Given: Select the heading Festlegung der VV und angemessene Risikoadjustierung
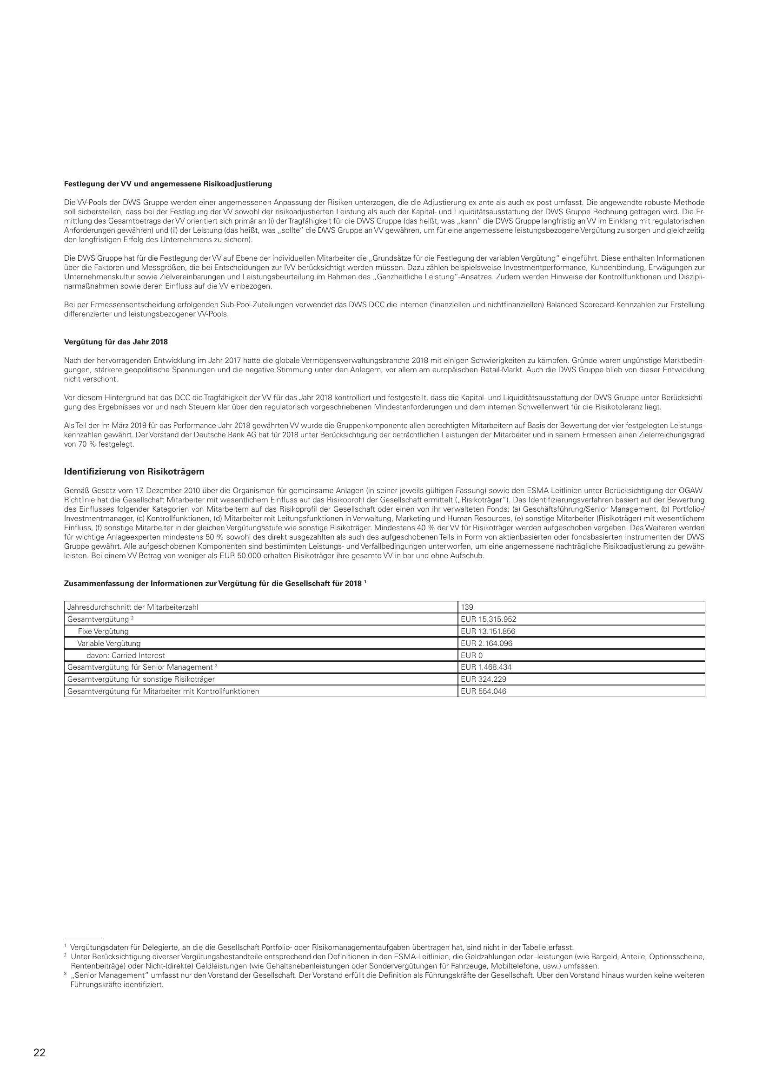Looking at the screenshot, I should pos(168,183).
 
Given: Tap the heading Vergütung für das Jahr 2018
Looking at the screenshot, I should pos(116,342).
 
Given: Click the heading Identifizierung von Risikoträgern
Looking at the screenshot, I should pos(134,472).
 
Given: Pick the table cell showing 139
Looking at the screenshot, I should pos(467,607).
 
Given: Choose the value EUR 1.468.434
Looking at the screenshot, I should pos(486,667).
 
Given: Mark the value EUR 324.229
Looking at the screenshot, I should pos(484,679).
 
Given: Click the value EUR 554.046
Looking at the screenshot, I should pos(484,691).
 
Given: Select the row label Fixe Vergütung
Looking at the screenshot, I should pos(103,631).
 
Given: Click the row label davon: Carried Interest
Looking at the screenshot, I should pos(126,655).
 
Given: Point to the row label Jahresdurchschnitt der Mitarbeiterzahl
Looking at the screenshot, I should pos(133,607).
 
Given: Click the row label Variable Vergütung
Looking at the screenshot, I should pos(109,643).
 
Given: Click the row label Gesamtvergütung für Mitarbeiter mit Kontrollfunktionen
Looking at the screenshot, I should pos(163,691).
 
